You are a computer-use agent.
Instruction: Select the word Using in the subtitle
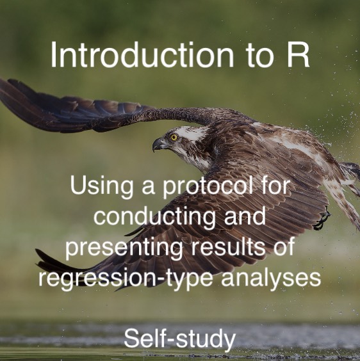102,186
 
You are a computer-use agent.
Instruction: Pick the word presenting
125,248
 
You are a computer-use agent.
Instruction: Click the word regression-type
126,278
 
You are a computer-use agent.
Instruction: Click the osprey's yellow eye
174,137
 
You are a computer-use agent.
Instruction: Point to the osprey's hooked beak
159,144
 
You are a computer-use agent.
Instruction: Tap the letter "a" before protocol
148,188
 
